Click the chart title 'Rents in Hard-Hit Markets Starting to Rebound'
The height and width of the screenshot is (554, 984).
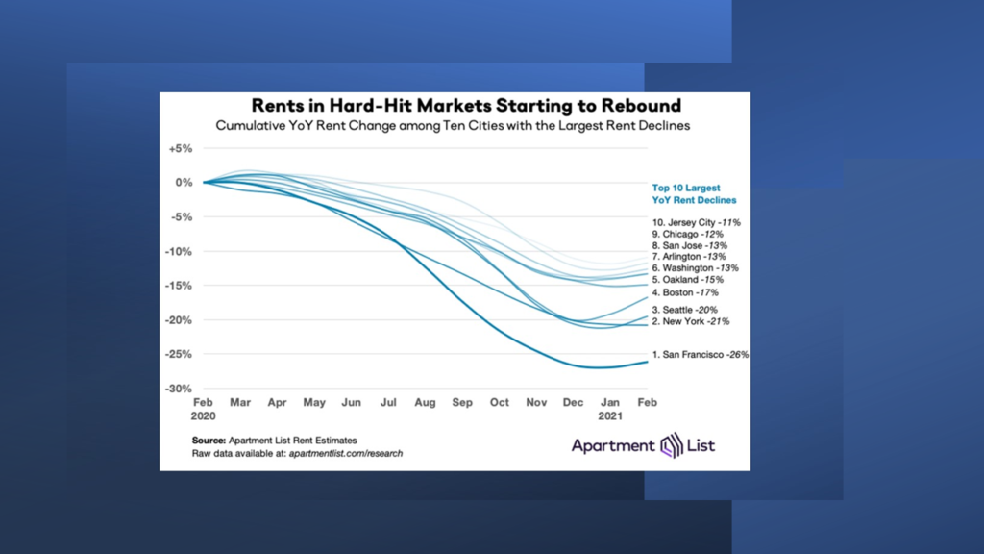(465, 105)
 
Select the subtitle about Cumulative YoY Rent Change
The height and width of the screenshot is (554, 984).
(453, 126)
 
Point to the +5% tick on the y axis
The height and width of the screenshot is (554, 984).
(181, 149)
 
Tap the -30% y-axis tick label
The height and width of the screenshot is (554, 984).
(180, 389)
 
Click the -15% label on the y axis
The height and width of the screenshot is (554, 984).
(180, 286)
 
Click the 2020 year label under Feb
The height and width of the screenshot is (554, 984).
(205, 416)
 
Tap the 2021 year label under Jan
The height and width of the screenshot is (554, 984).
(609, 416)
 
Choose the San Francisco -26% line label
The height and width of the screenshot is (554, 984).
(700, 355)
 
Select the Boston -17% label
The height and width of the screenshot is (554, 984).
(685, 292)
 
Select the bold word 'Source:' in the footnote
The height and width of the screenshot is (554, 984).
(209, 440)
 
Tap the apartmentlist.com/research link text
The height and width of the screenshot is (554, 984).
(345, 452)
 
